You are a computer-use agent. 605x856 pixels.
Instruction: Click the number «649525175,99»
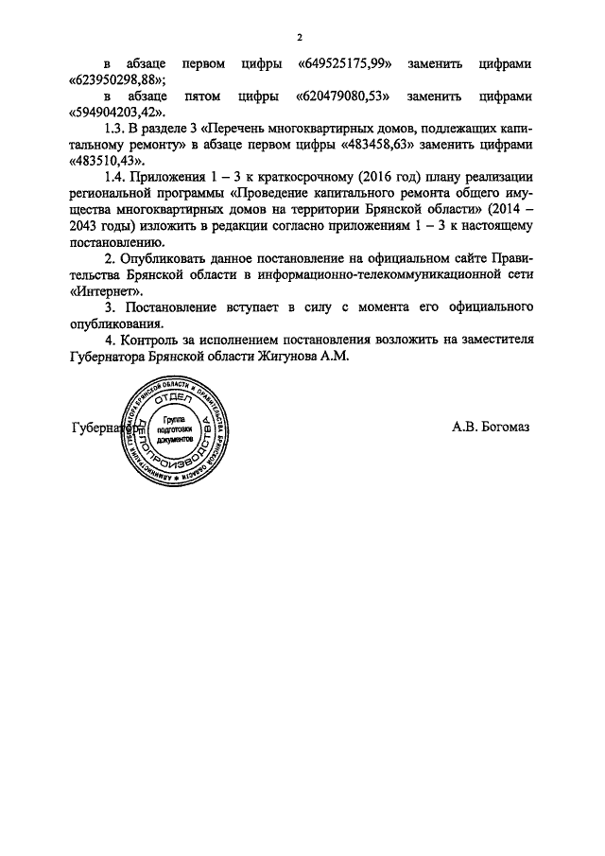(345, 64)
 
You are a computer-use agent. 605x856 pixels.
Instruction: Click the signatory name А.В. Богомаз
(491, 427)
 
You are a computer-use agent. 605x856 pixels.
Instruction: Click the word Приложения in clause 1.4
(166, 177)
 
